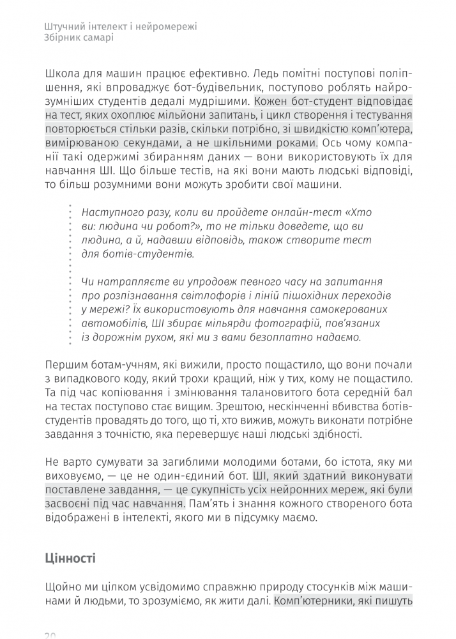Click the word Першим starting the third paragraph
pyautogui.click(x=66, y=365)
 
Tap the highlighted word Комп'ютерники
pyautogui.click(x=312, y=601)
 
